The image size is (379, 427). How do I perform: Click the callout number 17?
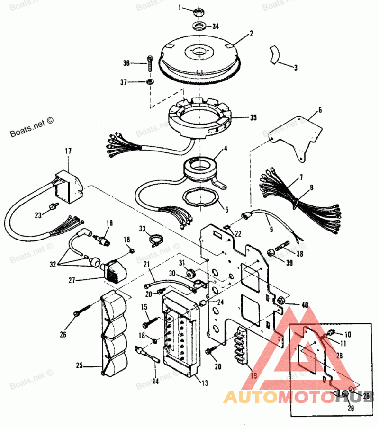(68, 151)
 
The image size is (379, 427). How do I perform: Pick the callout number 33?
(143, 229)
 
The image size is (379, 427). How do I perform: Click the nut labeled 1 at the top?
(199, 10)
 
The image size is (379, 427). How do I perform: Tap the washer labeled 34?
(199, 25)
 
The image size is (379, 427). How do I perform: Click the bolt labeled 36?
(150, 63)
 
